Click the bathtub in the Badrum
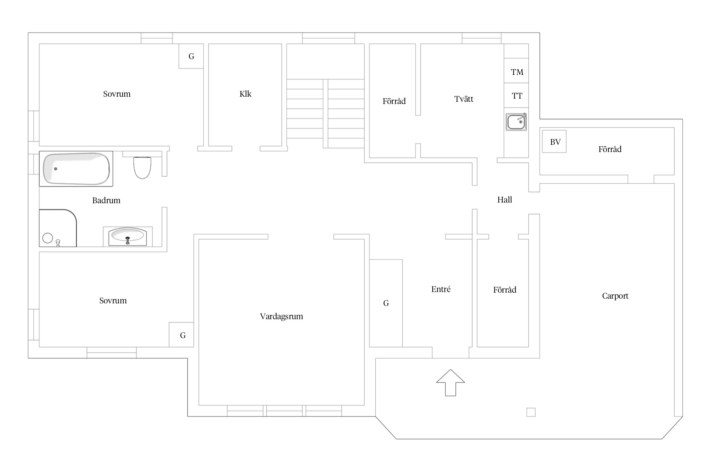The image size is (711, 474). click(x=76, y=169)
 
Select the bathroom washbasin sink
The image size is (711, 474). click(x=128, y=237)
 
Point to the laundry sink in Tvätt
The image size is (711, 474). click(x=516, y=122)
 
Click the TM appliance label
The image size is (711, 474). click(x=517, y=72)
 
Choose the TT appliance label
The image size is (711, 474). click(x=517, y=96)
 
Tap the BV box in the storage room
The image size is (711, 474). click(x=554, y=142)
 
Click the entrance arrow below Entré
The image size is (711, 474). click(x=451, y=383)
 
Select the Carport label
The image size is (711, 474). click(x=615, y=296)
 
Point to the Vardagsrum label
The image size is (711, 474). click(x=282, y=316)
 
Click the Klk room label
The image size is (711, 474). click(x=246, y=94)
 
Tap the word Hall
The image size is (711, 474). click(x=505, y=200)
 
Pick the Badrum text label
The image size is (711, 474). click(x=106, y=200)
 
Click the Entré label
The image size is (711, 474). click(x=441, y=289)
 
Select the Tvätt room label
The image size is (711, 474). click(x=464, y=99)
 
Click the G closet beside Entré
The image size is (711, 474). click(x=386, y=303)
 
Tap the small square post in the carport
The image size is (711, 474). click(x=531, y=412)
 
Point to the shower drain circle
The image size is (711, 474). click(x=48, y=238)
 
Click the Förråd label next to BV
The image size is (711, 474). click(x=610, y=149)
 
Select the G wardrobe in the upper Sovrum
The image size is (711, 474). click(x=191, y=56)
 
